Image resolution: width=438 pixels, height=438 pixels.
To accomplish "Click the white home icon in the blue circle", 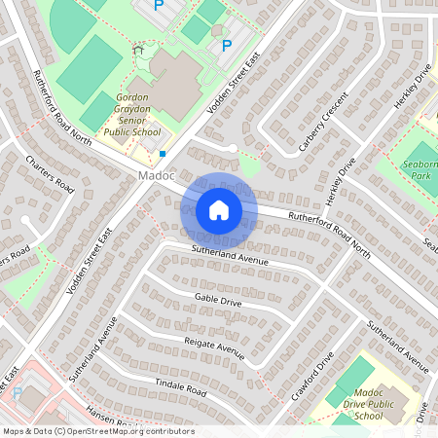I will [x=219, y=210].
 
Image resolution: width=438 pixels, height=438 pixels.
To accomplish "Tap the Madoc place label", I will [x=156, y=176].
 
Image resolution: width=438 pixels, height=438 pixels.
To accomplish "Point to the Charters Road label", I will [x=51, y=171].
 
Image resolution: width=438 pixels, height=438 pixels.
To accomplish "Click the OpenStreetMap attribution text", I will [x=97, y=430].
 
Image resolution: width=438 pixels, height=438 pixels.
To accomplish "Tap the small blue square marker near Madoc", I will [x=163, y=153].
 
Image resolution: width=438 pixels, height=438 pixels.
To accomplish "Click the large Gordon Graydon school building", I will [x=175, y=83].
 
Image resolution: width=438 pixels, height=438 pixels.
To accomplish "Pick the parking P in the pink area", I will [x=17, y=393].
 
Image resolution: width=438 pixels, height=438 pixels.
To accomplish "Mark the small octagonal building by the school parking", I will [x=216, y=29].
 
